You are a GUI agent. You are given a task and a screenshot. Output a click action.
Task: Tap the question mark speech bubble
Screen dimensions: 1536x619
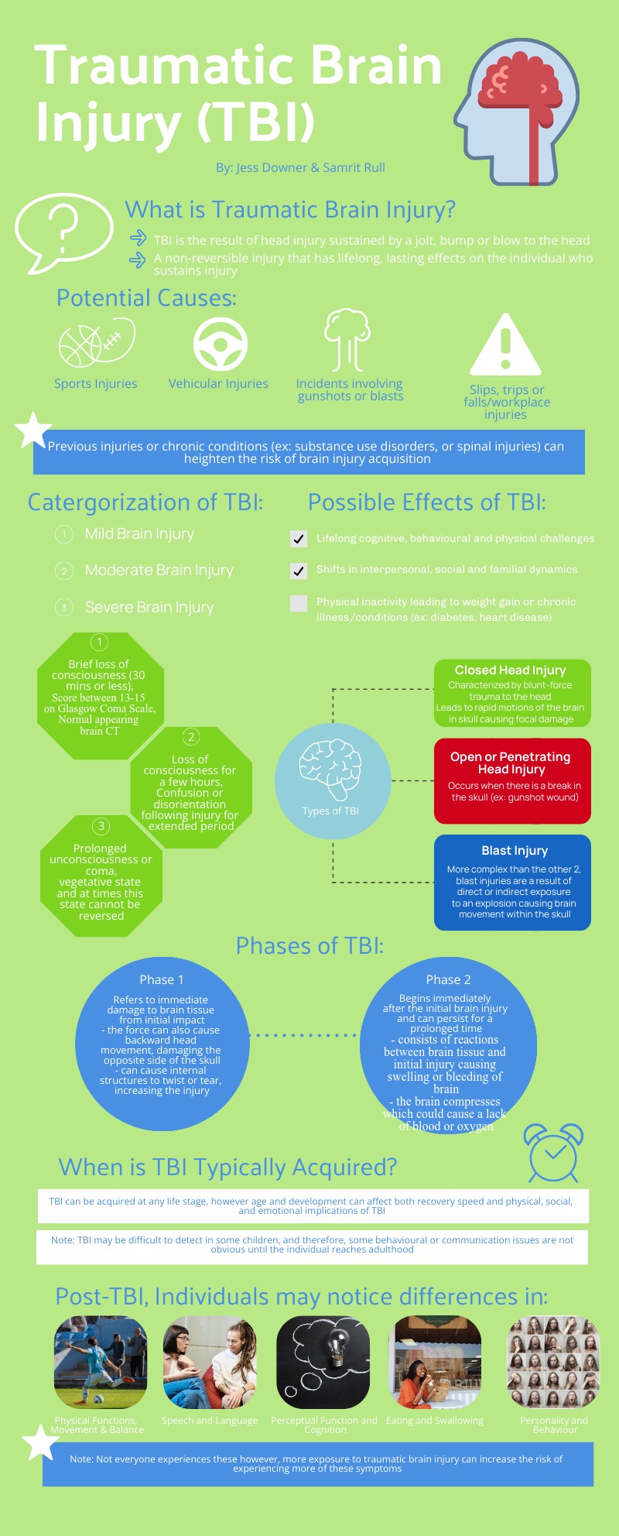(63, 231)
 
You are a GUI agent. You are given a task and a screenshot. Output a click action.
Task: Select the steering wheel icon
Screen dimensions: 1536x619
(220, 345)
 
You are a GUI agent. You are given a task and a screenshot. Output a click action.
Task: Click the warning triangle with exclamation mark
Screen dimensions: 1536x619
(505, 346)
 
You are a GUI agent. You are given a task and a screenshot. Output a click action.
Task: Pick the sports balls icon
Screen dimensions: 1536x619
(96, 343)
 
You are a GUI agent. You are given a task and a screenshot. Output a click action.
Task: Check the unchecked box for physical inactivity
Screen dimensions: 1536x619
(298, 603)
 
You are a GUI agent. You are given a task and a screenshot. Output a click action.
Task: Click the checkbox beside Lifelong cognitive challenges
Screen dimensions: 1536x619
(298, 539)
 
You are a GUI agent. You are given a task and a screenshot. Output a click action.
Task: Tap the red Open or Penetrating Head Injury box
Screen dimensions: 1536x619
(512, 780)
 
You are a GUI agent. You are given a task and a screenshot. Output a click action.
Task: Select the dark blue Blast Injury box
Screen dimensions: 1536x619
(512, 882)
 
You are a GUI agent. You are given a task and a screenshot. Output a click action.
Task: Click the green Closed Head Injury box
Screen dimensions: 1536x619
(512, 693)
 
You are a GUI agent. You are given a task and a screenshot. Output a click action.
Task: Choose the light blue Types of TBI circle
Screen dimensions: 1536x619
(333, 781)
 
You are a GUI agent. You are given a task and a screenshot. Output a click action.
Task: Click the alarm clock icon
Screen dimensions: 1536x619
(554, 1152)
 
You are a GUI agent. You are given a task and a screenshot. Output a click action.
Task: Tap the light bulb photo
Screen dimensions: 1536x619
(323, 1362)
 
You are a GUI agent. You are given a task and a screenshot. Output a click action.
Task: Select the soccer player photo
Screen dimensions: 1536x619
(100, 1362)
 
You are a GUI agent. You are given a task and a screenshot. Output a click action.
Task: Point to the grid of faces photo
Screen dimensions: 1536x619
(552, 1362)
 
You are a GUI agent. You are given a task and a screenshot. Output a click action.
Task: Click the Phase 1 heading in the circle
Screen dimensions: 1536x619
(162, 979)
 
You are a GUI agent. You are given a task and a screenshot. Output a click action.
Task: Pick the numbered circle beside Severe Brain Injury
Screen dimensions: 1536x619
(64, 608)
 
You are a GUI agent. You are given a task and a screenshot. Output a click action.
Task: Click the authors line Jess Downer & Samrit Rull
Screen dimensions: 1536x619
(300, 168)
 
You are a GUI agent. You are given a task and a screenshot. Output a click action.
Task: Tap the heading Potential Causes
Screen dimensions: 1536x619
(146, 298)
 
